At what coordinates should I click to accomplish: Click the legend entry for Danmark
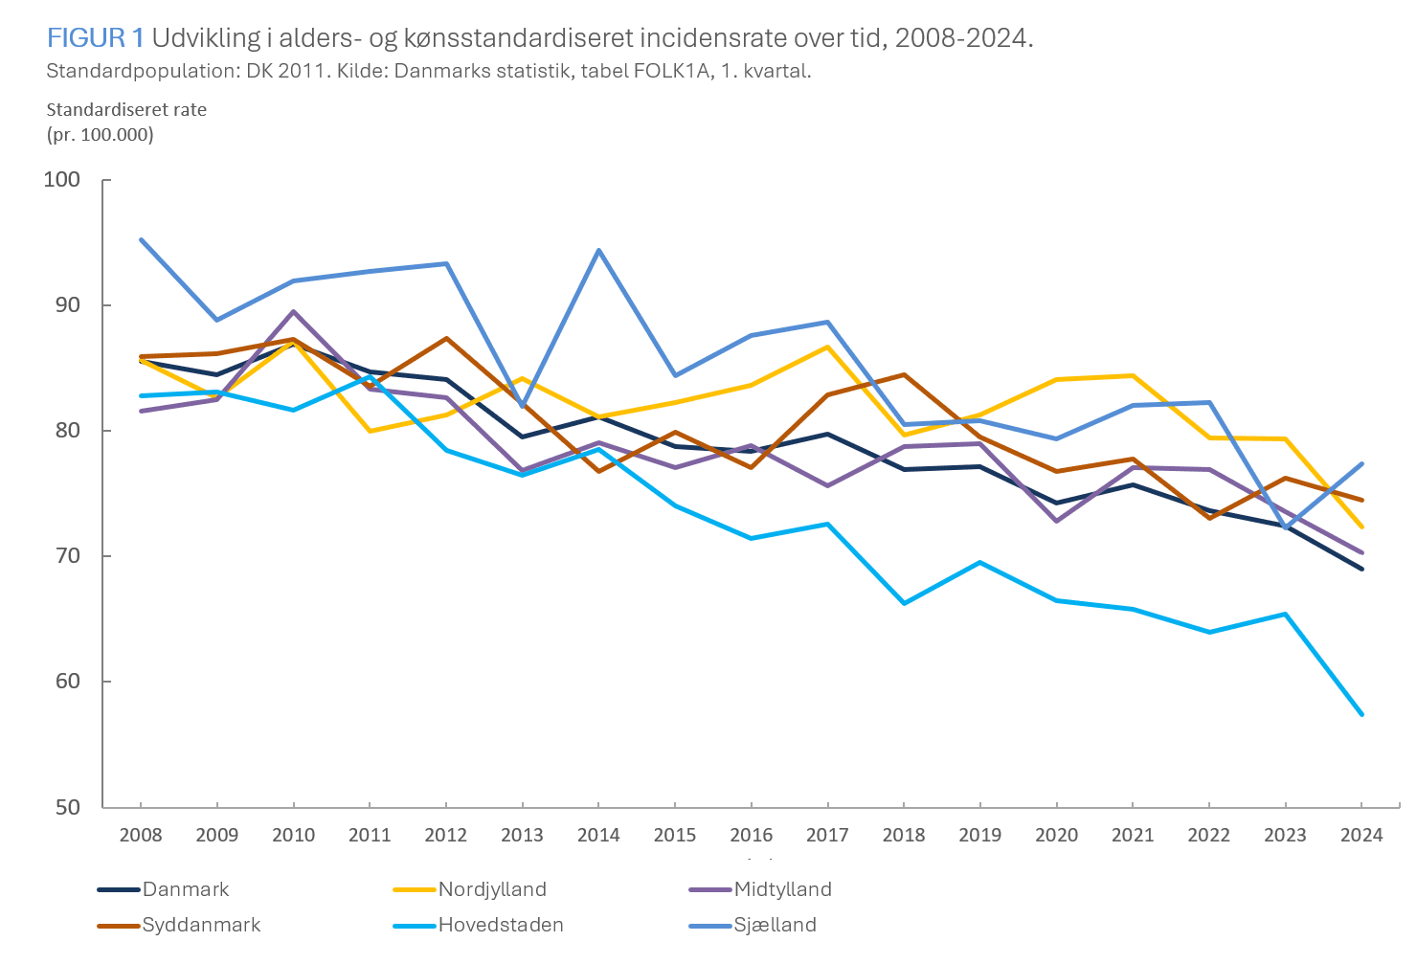[185, 889]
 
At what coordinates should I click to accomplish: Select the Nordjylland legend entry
[491, 889]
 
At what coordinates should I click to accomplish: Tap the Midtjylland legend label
[782, 889]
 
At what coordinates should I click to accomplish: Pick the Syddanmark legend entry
[201, 925]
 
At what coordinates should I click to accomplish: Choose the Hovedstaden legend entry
[500, 925]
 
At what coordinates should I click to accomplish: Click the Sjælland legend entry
[775, 925]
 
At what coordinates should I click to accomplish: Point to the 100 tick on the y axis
[62, 180]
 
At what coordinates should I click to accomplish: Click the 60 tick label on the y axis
[67, 682]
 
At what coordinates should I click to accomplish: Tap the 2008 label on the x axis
[141, 835]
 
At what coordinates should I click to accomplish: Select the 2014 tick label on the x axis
[598, 835]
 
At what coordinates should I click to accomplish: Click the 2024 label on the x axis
[1361, 835]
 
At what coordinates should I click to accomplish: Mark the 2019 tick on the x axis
[980, 835]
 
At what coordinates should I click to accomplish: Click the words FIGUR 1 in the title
[95, 38]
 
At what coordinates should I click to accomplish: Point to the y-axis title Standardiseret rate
[126, 110]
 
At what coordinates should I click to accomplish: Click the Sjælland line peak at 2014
[598, 250]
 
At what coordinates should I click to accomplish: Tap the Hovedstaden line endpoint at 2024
[1361, 714]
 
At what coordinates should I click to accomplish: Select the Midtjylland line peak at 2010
[293, 311]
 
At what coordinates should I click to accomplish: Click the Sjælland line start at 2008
[141, 239]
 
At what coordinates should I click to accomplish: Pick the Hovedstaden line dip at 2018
[904, 603]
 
